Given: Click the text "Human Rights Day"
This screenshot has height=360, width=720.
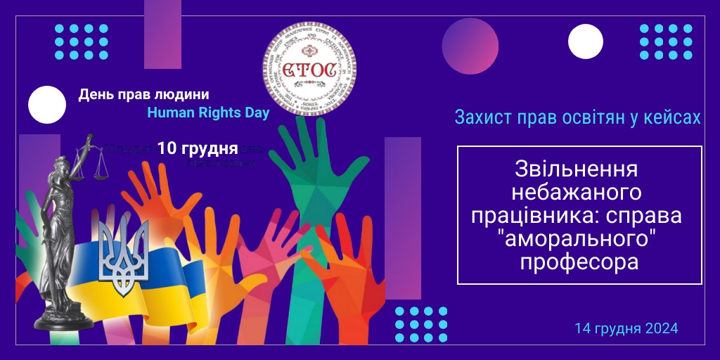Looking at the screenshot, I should (x=208, y=113).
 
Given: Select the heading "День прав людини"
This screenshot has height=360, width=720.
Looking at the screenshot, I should (x=143, y=94).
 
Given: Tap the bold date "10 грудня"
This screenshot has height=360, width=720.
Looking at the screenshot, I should (x=197, y=148).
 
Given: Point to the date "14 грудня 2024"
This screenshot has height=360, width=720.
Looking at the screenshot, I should (x=626, y=328).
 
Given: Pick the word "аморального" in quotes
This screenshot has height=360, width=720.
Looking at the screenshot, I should (x=579, y=239).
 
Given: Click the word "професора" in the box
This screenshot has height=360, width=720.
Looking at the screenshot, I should (x=579, y=262).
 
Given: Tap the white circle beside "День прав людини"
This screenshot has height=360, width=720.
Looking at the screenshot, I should (x=46, y=104).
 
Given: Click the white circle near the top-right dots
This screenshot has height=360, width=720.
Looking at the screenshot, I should (x=586, y=41).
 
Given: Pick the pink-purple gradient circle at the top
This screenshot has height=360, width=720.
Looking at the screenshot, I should (x=470, y=46).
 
